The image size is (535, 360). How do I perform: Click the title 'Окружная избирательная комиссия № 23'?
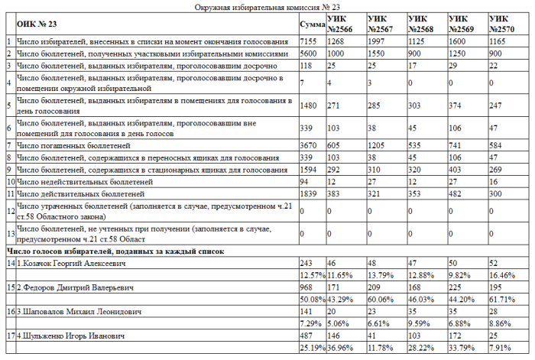point(267,6)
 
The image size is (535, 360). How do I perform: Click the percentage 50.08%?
point(312,299)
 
